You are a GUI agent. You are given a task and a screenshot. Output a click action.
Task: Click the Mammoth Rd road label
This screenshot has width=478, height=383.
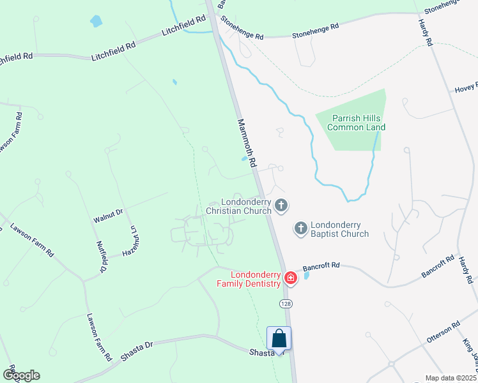click(x=246, y=143)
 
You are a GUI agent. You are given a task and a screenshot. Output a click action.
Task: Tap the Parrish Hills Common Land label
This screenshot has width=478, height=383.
click(x=356, y=123)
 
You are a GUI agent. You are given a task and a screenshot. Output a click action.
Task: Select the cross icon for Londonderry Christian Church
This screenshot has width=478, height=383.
click(x=281, y=205)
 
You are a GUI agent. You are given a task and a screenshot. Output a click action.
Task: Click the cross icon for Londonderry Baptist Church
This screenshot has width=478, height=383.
click(x=300, y=227)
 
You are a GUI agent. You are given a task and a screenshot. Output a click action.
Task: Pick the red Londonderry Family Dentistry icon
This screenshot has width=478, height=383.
click(x=290, y=278)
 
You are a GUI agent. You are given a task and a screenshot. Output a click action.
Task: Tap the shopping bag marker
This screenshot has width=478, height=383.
click(x=279, y=338)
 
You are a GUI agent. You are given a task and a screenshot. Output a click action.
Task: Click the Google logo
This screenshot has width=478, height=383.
click(x=20, y=375)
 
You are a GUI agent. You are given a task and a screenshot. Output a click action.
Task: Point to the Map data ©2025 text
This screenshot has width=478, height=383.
click(x=451, y=378)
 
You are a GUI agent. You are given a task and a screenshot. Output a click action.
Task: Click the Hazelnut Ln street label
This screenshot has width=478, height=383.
click(x=134, y=242)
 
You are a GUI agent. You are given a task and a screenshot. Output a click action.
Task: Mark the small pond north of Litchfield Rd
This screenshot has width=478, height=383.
click(x=96, y=21)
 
